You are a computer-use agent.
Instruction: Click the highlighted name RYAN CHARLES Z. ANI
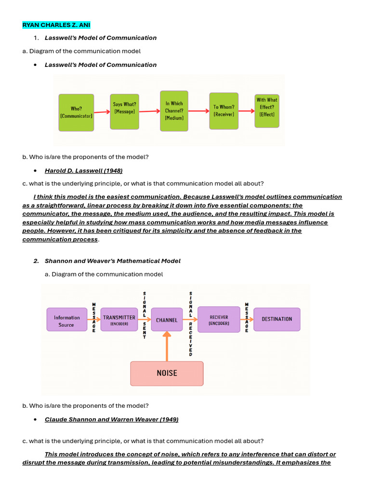[x=56, y=25]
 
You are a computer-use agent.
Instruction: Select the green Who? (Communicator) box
[x=76, y=112]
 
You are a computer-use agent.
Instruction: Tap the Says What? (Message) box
[x=124, y=111]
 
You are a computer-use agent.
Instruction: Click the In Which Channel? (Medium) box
[x=174, y=110]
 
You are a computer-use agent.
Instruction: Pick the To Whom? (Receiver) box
[x=224, y=111]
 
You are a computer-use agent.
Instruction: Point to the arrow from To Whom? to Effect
[x=246, y=110]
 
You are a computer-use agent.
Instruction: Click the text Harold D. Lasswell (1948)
[x=83, y=170]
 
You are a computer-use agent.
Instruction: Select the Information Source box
[x=67, y=321]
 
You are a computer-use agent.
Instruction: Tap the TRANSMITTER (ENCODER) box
[x=119, y=320]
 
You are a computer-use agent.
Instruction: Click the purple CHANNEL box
[x=167, y=320]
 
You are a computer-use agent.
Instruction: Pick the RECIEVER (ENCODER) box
[x=219, y=320]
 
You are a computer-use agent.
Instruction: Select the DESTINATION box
[x=277, y=319]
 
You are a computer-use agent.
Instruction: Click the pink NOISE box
[x=167, y=373]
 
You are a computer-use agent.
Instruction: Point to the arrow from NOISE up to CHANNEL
[x=167, y=346]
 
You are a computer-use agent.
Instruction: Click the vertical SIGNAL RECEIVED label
[x=191, y=324]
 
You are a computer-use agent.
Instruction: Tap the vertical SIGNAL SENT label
[x=145, y=315]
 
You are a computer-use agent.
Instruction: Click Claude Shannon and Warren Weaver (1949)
[x=111, y=419]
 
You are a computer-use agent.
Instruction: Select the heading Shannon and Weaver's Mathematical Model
[x=112, y=261]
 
